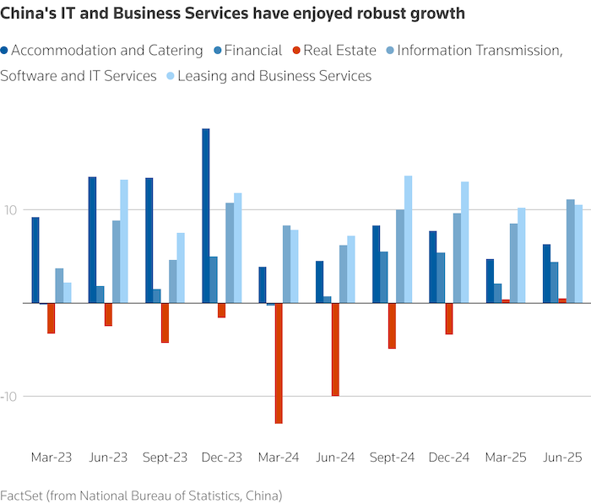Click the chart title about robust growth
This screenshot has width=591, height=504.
coord(232,14)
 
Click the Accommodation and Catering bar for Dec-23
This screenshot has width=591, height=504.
coord(206,215)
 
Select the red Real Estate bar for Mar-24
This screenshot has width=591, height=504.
coord(279,363)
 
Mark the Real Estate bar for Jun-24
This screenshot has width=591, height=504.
coord(335,349)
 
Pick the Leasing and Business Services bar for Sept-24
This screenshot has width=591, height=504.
coord(408,239)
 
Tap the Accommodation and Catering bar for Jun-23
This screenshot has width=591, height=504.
coord(92,240)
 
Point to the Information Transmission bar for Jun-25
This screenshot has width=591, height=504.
coord(571,251)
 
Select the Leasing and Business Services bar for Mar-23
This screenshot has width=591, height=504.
coord(68,293)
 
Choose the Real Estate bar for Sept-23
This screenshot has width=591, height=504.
coord(165,322)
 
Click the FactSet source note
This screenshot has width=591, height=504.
coord(141,495)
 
